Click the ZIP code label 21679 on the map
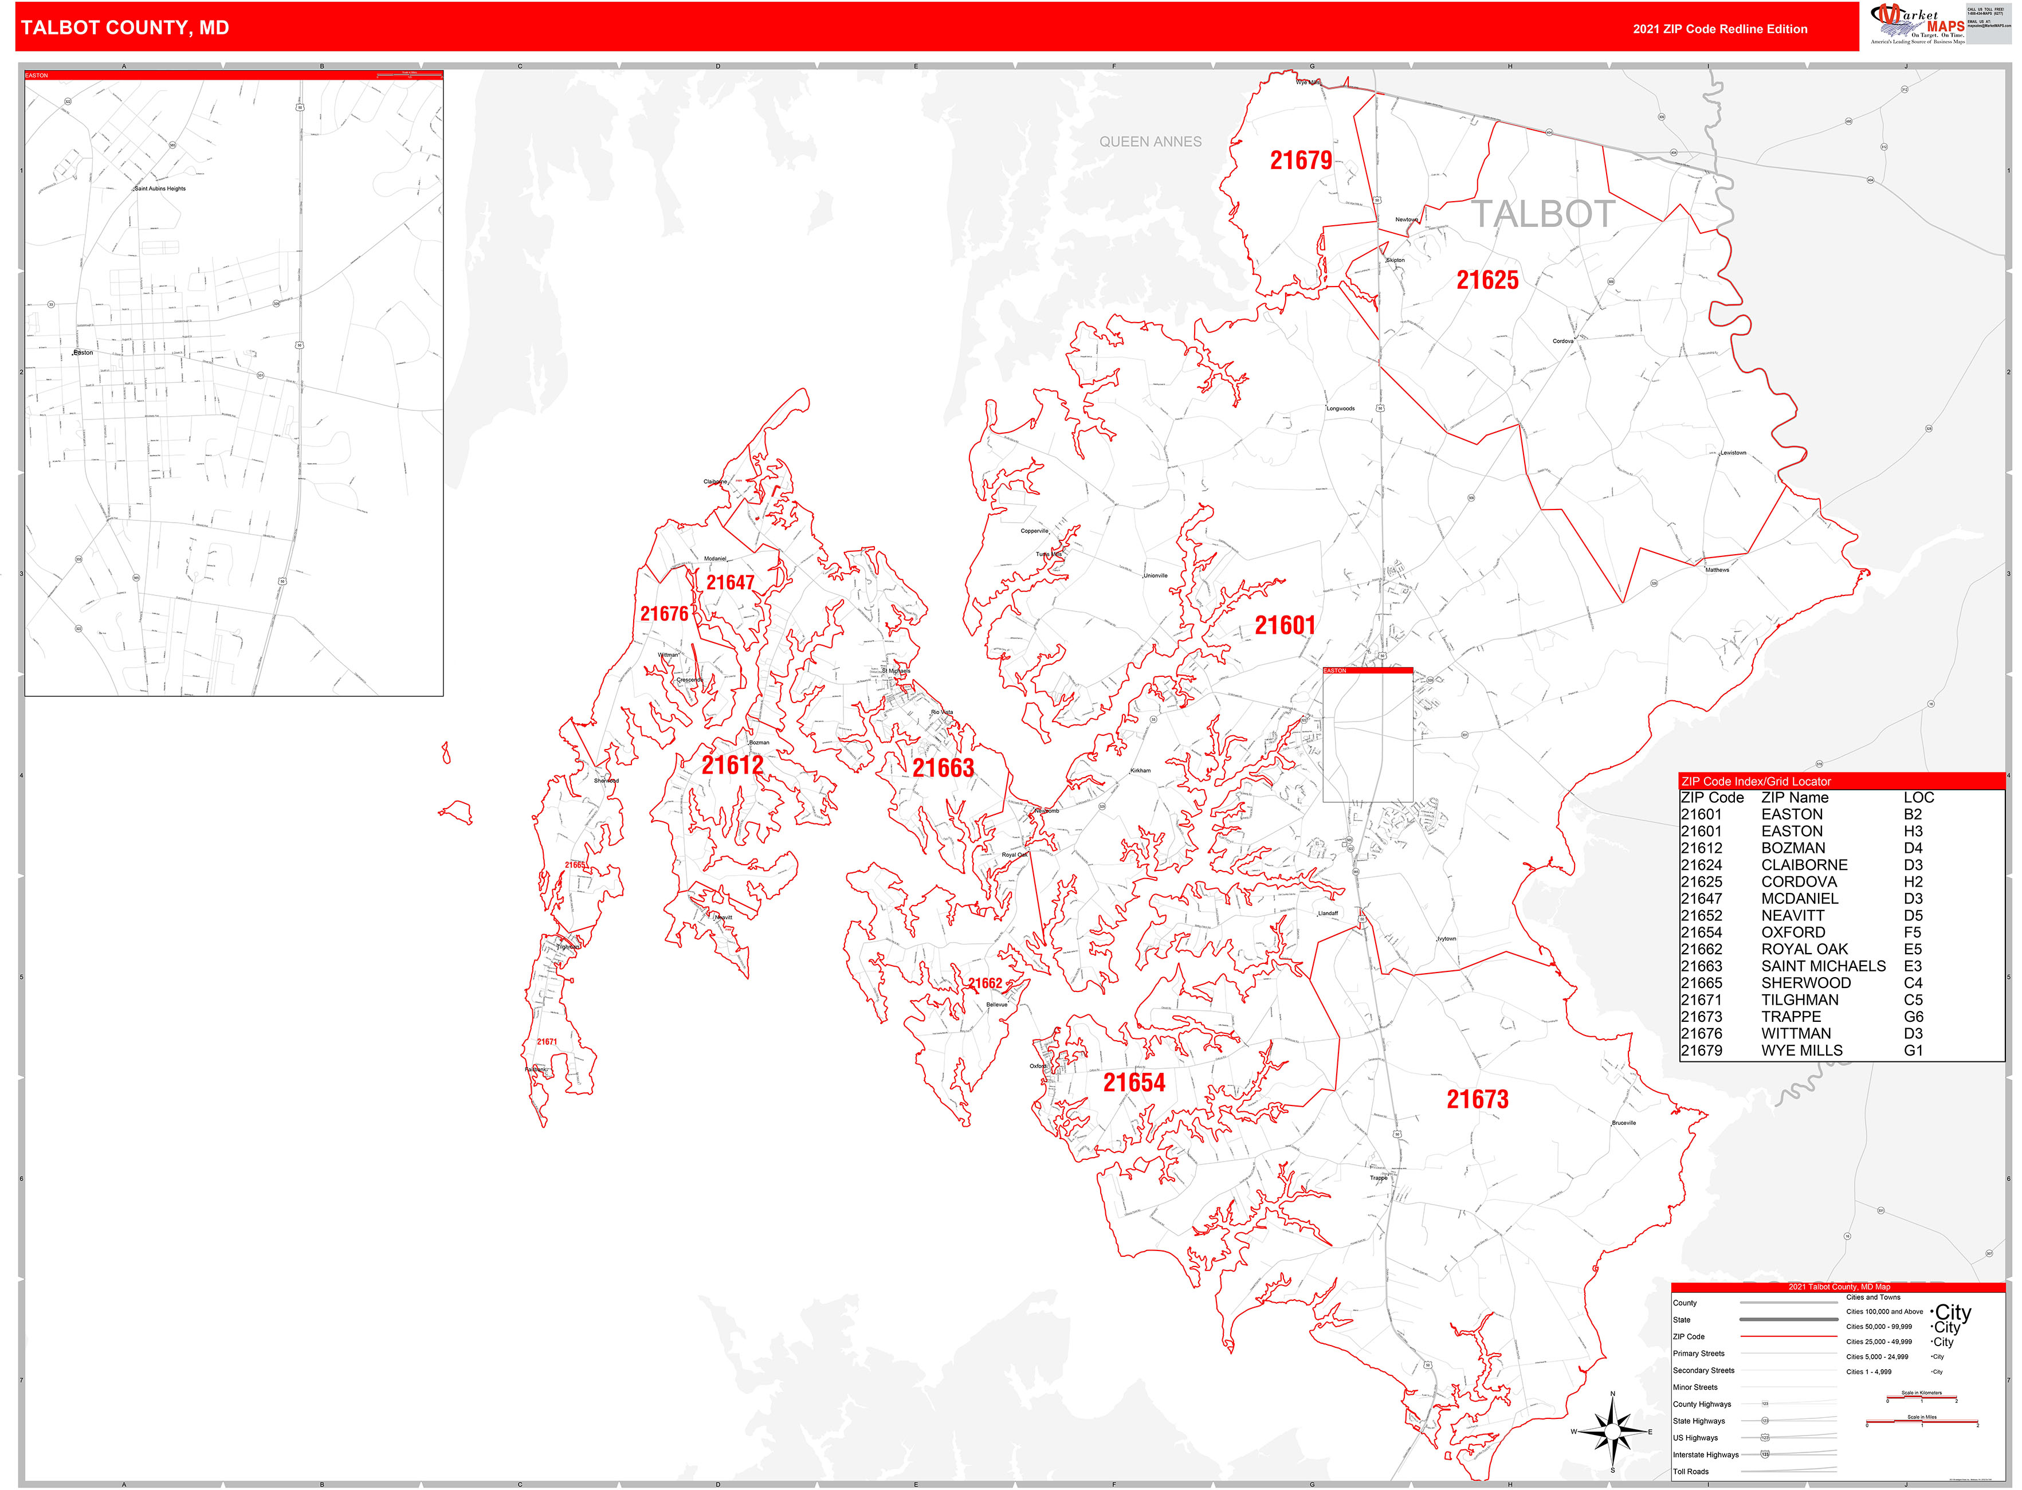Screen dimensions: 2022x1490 point(1301,160)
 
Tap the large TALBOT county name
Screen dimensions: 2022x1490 point(1543,215)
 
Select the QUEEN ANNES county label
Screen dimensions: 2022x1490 point(1150,142)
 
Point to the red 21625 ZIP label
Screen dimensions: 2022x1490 point(1487,280)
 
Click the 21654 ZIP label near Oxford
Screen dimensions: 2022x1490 point(1134,1083)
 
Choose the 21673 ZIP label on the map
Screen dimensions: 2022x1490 point(1477,1100)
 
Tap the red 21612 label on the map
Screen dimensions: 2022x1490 point(732,766)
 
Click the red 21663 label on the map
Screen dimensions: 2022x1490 point(943,768)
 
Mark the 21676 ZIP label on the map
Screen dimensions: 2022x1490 point(663,614)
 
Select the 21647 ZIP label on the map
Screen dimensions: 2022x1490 point(729,583)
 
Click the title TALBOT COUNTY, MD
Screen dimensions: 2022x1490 point(124,28)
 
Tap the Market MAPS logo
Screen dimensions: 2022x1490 point(1917,24)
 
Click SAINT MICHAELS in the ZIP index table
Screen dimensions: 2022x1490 point(1823,966)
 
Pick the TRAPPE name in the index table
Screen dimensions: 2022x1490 point(1791,1017)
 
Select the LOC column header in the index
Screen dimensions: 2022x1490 point(1918,797)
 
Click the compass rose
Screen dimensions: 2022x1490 point(1612,1432)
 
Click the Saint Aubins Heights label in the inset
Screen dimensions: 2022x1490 point(160,189)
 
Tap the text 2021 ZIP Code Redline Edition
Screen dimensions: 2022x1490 point(1720,29)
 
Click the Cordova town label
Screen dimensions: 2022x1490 point(1563,341)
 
